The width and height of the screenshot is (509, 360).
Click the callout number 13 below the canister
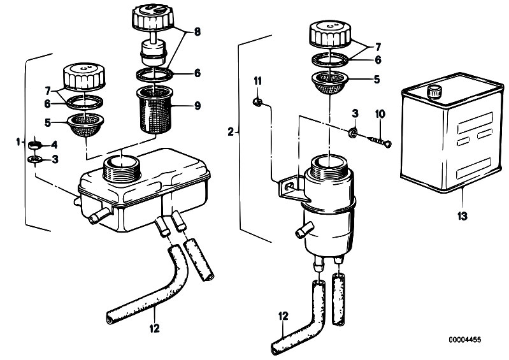coord(462,215)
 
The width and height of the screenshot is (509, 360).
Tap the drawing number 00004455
coord(465,340)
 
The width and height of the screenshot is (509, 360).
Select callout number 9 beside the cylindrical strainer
coord(197,106)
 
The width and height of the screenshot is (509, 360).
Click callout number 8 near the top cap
coord(197,31)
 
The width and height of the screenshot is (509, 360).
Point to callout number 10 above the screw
coord(380,114)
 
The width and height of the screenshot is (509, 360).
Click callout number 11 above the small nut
coord(257,80)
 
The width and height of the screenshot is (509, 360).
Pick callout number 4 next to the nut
coord(54,145)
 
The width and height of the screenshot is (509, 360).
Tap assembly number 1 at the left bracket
coord(18,141)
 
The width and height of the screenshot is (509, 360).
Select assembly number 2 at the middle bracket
coord(231,132)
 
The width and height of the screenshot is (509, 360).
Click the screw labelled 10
coord(380,141)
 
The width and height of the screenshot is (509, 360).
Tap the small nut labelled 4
coord(35,145)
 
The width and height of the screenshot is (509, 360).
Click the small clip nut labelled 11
coord(257,103)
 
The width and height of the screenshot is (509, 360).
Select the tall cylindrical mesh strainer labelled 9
coord(155,110)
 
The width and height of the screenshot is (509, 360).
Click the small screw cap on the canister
coord(434,91)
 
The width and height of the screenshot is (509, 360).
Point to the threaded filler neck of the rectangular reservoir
coord(122,168)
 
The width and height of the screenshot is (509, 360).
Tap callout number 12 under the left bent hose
coord(155,328)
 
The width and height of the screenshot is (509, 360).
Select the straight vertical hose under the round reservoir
coord(338,299)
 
